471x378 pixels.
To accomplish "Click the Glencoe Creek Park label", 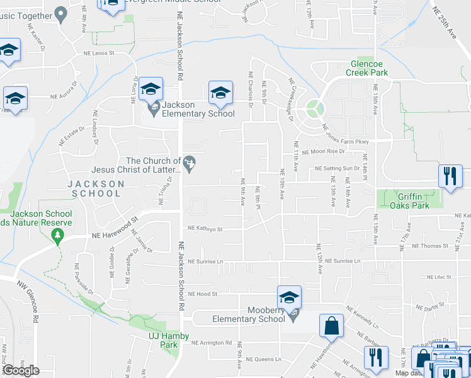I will pyautogui.click(x=370, y=68).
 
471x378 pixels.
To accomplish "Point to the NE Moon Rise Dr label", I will pyautogui.click(x=324, y=152).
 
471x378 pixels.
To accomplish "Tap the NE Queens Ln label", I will pyautogui.click(x=263, y=359).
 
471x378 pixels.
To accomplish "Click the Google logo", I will pyautogui.click(x=21, y=370).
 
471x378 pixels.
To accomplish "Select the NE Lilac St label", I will pyautogui.click(x=440, y=277).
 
